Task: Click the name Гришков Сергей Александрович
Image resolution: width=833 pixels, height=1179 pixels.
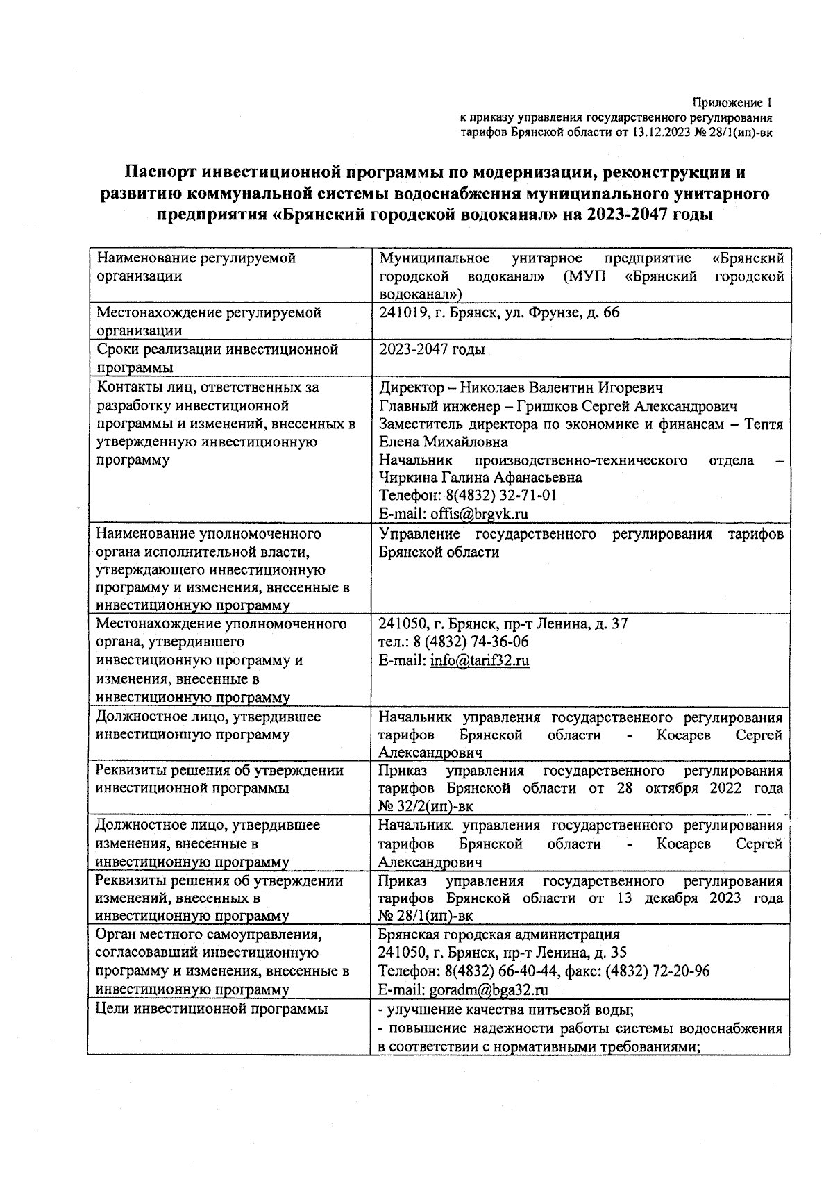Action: [594, 406]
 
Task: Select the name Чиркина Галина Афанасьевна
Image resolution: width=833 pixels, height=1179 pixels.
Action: [480, 478]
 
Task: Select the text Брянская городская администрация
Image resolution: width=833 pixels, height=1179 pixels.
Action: [499, 935]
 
